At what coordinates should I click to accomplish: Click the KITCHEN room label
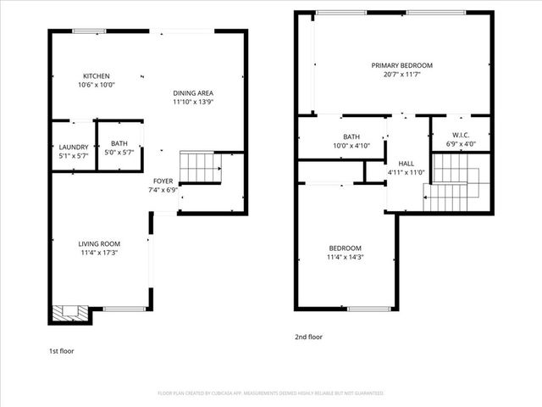[x=96, y=75]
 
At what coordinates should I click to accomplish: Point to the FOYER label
[x=163, y=181]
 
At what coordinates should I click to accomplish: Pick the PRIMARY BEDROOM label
[x=401, y=65]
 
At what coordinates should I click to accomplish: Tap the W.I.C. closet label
[x=461, y=135]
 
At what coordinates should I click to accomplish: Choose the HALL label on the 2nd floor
[x=406, y=164]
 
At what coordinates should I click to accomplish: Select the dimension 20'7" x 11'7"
[x=401, y=75]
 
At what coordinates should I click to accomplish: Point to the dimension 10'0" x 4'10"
[x=351, y=145]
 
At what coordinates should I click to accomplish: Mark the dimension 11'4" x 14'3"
[x=345, y=257]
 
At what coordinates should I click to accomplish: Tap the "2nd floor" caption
[x=308, y=337]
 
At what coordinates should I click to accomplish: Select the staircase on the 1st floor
[x=201, y=167]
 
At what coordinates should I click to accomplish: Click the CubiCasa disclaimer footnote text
[x=271, y=393]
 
